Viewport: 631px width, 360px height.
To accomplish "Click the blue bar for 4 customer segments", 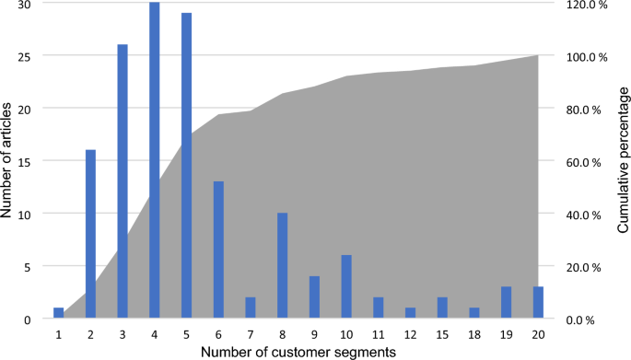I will point(155,161).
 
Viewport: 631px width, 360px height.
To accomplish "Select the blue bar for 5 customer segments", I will point(187,166).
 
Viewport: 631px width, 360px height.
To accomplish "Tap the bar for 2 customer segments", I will point(91,235).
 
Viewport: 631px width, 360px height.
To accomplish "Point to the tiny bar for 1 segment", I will point(59,314).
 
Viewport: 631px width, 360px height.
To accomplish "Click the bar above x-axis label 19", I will point(507,303).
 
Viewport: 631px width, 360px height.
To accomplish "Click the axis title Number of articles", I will point(8,161).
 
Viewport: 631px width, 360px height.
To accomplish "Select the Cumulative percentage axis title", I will point(623,161).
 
